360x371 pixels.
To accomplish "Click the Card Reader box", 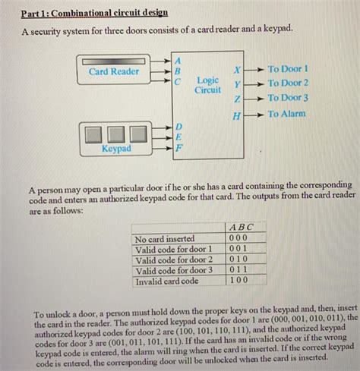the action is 113,71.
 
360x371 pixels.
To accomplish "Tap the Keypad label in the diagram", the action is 115,149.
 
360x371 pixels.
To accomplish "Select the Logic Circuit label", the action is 207,84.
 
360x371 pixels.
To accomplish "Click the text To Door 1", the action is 288,68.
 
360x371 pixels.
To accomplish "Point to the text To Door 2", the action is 288,83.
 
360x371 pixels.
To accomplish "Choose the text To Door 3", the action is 288,98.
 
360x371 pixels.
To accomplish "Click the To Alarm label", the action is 287,114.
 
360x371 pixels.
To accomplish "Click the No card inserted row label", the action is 165,238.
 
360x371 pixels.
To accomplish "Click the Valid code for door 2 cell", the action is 173,259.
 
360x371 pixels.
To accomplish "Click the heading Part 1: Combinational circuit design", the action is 94,13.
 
